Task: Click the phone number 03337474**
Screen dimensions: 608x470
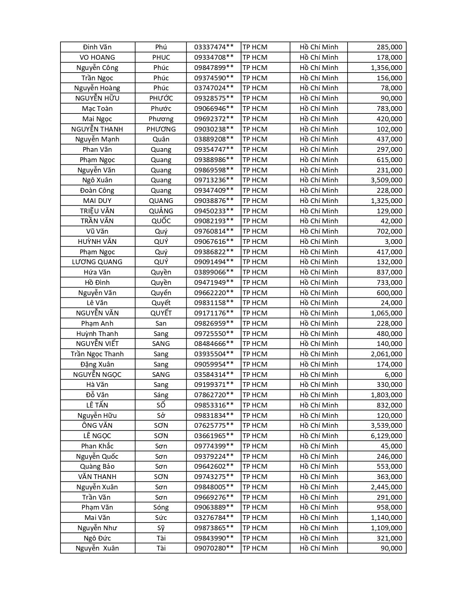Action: coord(214,47)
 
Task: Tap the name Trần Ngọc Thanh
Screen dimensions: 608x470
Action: coord(97,354)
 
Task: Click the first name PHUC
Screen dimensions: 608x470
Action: coord(161,57)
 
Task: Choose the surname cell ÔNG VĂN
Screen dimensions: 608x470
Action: coord(97,426)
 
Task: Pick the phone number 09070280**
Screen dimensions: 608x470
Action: coord(214,548)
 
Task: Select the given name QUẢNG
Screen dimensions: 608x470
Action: coord(161,211)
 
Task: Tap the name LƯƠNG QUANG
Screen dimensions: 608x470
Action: coord(97,262)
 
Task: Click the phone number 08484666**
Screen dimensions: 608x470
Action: coord(214,344)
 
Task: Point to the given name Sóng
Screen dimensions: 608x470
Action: coord(161,507)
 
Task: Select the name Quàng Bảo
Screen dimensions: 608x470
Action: coord(97,467)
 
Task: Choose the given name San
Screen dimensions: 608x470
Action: coord(161,324)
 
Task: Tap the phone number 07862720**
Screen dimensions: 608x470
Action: coord(214,395)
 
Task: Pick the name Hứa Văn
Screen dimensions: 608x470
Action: coord(97,272)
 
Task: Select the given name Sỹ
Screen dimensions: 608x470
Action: coord(161,528)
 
